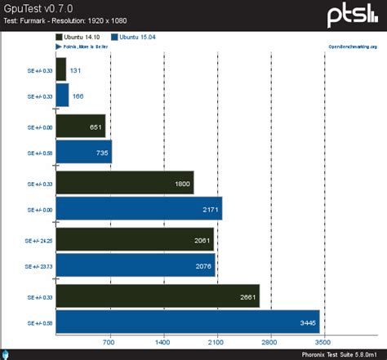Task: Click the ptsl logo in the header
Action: pos(353,15)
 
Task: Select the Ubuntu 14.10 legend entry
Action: pos(81,38)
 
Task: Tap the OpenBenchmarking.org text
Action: pos(352,47)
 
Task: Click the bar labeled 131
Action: pos(61,70)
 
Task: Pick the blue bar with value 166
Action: pos(62,96)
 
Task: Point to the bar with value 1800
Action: pos(124,184)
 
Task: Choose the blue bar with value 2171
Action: pos(139,209)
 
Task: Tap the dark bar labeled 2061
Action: pos(135,241)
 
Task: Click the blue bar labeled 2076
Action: pos(136,265)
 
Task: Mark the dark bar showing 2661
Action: pos(158,297)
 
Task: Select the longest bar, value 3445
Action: pos(188,322)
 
